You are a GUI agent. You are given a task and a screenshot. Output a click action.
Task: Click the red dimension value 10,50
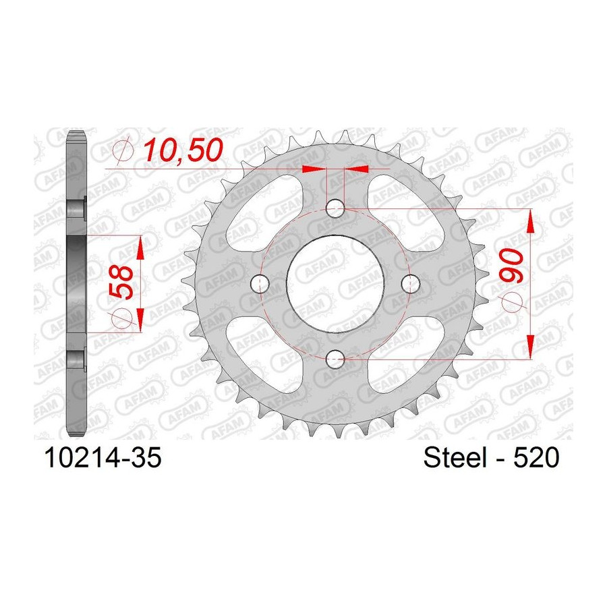[183, 150]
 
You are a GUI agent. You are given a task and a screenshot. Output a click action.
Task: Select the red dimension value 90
[511, 266]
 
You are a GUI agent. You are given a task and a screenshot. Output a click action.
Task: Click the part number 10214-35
[103, 458]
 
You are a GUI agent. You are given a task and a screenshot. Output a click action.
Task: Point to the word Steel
[455, 458]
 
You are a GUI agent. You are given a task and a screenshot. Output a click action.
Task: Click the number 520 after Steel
[536, 458]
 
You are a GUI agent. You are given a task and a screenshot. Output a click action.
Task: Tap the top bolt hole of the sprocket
[335, 209]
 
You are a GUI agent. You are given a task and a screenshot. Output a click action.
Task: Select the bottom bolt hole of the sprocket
[335, 359]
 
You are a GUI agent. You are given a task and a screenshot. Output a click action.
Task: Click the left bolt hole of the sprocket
[260, 284]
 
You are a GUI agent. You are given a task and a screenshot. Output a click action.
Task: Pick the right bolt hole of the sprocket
[410, 284]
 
